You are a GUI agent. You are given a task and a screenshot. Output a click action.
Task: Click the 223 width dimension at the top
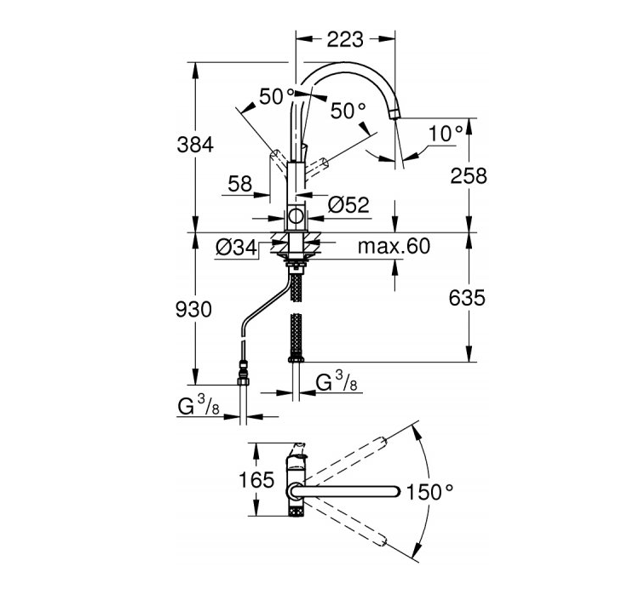(x=345, y=40)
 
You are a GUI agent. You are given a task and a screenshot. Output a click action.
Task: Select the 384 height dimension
(x=195, y=145)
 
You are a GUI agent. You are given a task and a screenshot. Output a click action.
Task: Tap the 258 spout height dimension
(x=469, y=176)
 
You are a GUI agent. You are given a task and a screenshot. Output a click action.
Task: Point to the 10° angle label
(x=446, y=134)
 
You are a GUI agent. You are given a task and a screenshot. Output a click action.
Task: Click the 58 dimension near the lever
(x=239, y=184)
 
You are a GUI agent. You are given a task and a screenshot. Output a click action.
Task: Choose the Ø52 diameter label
(x=348, y=205)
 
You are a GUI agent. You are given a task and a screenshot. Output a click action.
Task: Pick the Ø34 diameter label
(x=237, y=247)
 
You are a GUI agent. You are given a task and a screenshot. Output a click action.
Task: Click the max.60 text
(x=394, y=246)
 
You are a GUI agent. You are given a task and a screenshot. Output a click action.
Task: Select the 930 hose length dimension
(x=193, y=309)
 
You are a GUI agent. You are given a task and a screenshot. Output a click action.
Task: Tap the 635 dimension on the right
(x=467, y=298)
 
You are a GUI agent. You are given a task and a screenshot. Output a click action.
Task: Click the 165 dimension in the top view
(x=256, y=480)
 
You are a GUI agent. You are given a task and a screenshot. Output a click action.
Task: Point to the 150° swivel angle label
(x=430, y=492)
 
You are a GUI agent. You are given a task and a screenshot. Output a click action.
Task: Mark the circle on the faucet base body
(x=296, y=215)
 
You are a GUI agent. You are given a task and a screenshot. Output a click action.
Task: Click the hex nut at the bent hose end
(x=243, y=381)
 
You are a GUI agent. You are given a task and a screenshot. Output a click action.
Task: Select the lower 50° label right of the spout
(x=348, y=111)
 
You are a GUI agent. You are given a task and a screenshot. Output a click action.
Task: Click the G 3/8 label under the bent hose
(x=199, y=405)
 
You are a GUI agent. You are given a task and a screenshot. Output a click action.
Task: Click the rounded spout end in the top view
(x=397, y=492)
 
